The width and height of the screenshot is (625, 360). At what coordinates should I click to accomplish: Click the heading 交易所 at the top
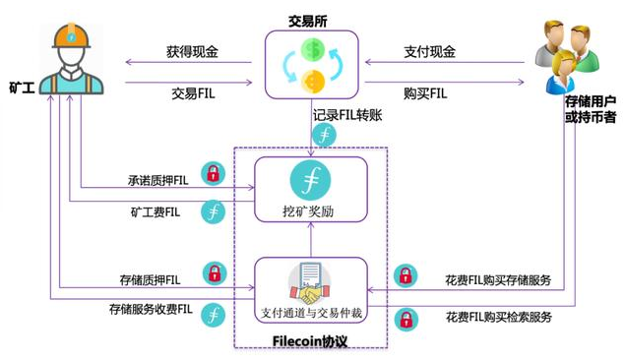coord(311,15)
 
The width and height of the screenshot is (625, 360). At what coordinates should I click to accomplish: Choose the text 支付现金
coord(429,50)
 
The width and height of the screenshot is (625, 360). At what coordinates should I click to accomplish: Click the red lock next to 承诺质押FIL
coord(212,174)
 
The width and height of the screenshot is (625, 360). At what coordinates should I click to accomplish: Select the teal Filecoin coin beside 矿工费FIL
coord(212,210)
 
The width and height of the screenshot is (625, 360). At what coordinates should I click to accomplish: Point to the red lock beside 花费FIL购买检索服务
coord(405,318)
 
